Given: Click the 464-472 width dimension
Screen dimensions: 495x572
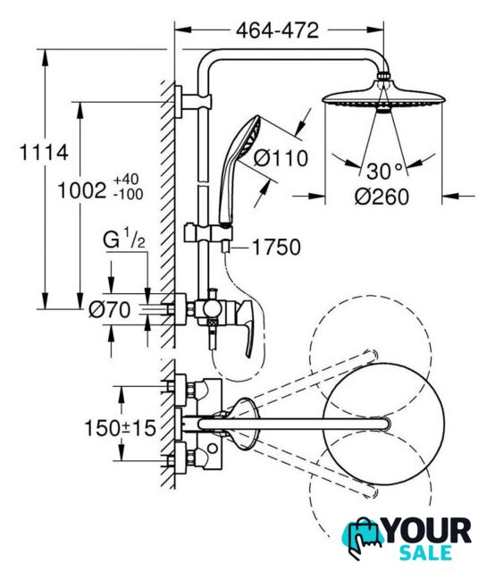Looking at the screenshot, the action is point(277,30).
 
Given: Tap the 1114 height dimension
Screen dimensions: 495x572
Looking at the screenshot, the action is point(44,152).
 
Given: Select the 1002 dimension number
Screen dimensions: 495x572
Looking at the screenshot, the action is point(82,190).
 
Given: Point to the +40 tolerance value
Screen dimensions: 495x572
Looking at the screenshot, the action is point(126,179).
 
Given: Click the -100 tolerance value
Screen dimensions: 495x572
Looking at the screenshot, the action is point(128,194).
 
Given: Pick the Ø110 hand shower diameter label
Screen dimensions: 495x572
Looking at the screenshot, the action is point(281,158).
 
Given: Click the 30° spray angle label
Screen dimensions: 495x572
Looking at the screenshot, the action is point(384,171).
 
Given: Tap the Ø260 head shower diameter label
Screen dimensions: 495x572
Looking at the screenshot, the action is point(382,197).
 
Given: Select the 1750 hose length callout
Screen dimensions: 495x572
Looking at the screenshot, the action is point(276,248).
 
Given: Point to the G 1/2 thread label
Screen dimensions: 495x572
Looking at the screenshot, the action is point(124,239).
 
